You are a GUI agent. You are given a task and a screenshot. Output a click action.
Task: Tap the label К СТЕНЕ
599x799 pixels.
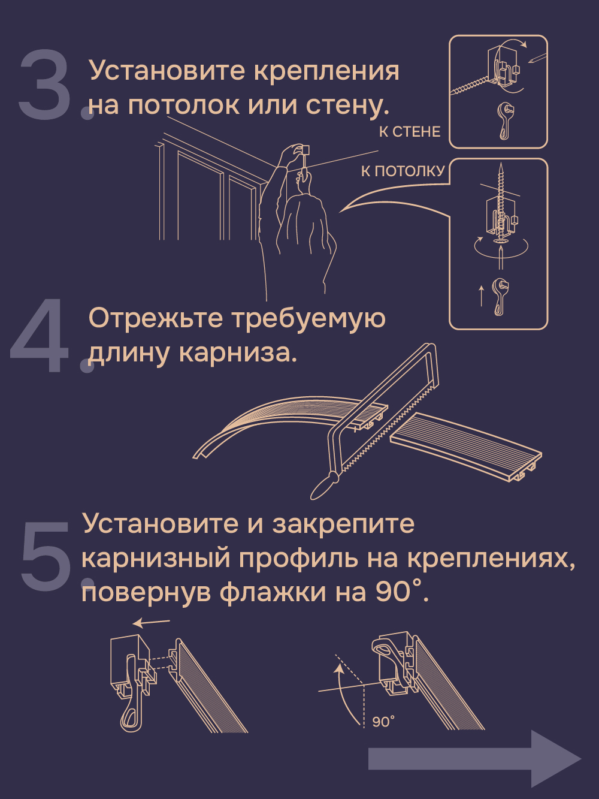pyautogui.click(x=410, y=132)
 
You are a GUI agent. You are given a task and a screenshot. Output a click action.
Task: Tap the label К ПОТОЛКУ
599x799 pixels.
pyautogui.click(x=403, y=171)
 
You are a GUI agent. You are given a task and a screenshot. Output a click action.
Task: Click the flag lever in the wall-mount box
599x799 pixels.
pyautogui.click(x=505, y=121)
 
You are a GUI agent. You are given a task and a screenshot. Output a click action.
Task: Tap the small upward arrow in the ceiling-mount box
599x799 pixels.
pyautogui.click(x=481, y=296)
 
